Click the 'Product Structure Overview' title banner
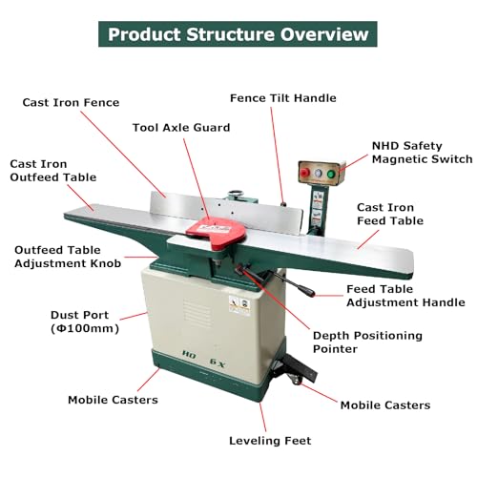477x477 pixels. [238, 34]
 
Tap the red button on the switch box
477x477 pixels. [304, 173]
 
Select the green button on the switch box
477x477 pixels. [331, 174]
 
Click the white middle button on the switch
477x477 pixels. [318, 173]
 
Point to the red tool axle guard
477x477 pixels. [217, 232]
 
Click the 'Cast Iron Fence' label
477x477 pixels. [71, 102]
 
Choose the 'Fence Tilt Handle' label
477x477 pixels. [283, 98]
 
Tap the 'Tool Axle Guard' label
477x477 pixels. [181, 128]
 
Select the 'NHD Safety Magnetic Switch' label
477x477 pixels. [423, 153]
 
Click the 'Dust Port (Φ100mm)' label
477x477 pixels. [85, 321]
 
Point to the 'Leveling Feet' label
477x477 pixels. [270, 441]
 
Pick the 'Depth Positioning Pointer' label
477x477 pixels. [367, 342]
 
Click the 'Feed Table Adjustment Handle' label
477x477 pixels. [405, 296]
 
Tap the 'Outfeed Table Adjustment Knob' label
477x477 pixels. [68, 257]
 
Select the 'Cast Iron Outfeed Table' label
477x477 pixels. [53, 171]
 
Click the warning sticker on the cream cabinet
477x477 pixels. [239, 304]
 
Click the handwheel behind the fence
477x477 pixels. [236, 193]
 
